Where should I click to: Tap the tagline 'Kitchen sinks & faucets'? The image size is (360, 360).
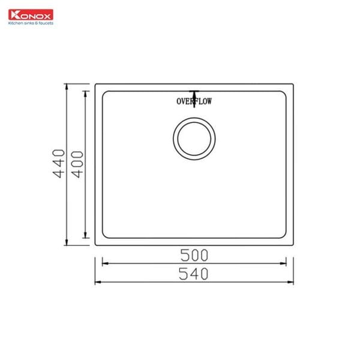tap(30, 23)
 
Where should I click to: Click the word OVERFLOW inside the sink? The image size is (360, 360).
tap(194, 101)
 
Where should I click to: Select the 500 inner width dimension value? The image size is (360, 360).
tap(194, 254)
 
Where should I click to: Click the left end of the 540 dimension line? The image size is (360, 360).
tap(95, 281)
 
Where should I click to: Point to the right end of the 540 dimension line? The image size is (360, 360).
tap(293, 281)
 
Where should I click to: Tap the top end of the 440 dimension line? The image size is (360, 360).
tap(67, 83)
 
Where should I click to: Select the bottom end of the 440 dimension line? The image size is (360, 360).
tap(67, 244)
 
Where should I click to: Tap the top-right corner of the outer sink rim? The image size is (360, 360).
tap(293, 83)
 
